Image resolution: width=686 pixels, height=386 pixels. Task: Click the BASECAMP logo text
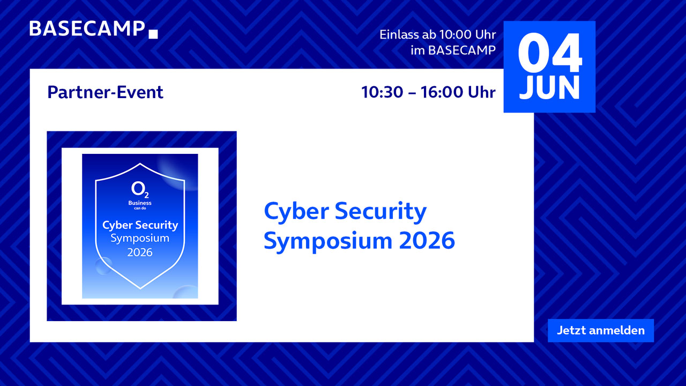pos(87,29)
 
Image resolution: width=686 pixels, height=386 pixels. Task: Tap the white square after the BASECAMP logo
pos(153,34)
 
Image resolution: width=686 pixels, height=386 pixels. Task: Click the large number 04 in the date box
pos(550,53)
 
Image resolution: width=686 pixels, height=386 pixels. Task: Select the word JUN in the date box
pos(549,87)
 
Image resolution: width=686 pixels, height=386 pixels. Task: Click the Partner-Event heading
pos(106,92)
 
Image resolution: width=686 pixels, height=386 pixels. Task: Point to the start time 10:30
pos(382,92)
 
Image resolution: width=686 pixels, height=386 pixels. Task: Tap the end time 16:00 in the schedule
pos(442,92)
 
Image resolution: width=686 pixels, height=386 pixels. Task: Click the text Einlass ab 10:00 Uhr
pos(438,35)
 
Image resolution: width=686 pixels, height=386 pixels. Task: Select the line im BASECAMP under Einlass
pos(453,50)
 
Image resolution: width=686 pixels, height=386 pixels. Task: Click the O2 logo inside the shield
pos(140,190)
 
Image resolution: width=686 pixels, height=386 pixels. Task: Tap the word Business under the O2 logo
pos(140,203)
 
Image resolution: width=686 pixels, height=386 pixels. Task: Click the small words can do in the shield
pos(140,209)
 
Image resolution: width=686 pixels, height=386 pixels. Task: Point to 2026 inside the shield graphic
pos(140,253)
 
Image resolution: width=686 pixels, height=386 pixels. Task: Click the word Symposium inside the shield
pos(140,239)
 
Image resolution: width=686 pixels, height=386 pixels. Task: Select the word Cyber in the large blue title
pos(296,212)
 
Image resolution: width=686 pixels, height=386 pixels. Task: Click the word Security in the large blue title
pos(381,212)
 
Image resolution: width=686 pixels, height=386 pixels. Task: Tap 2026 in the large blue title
pos(427,241)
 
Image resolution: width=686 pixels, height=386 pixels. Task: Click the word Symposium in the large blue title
pos(328,242)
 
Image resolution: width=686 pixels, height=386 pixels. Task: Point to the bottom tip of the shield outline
pos(140,288)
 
